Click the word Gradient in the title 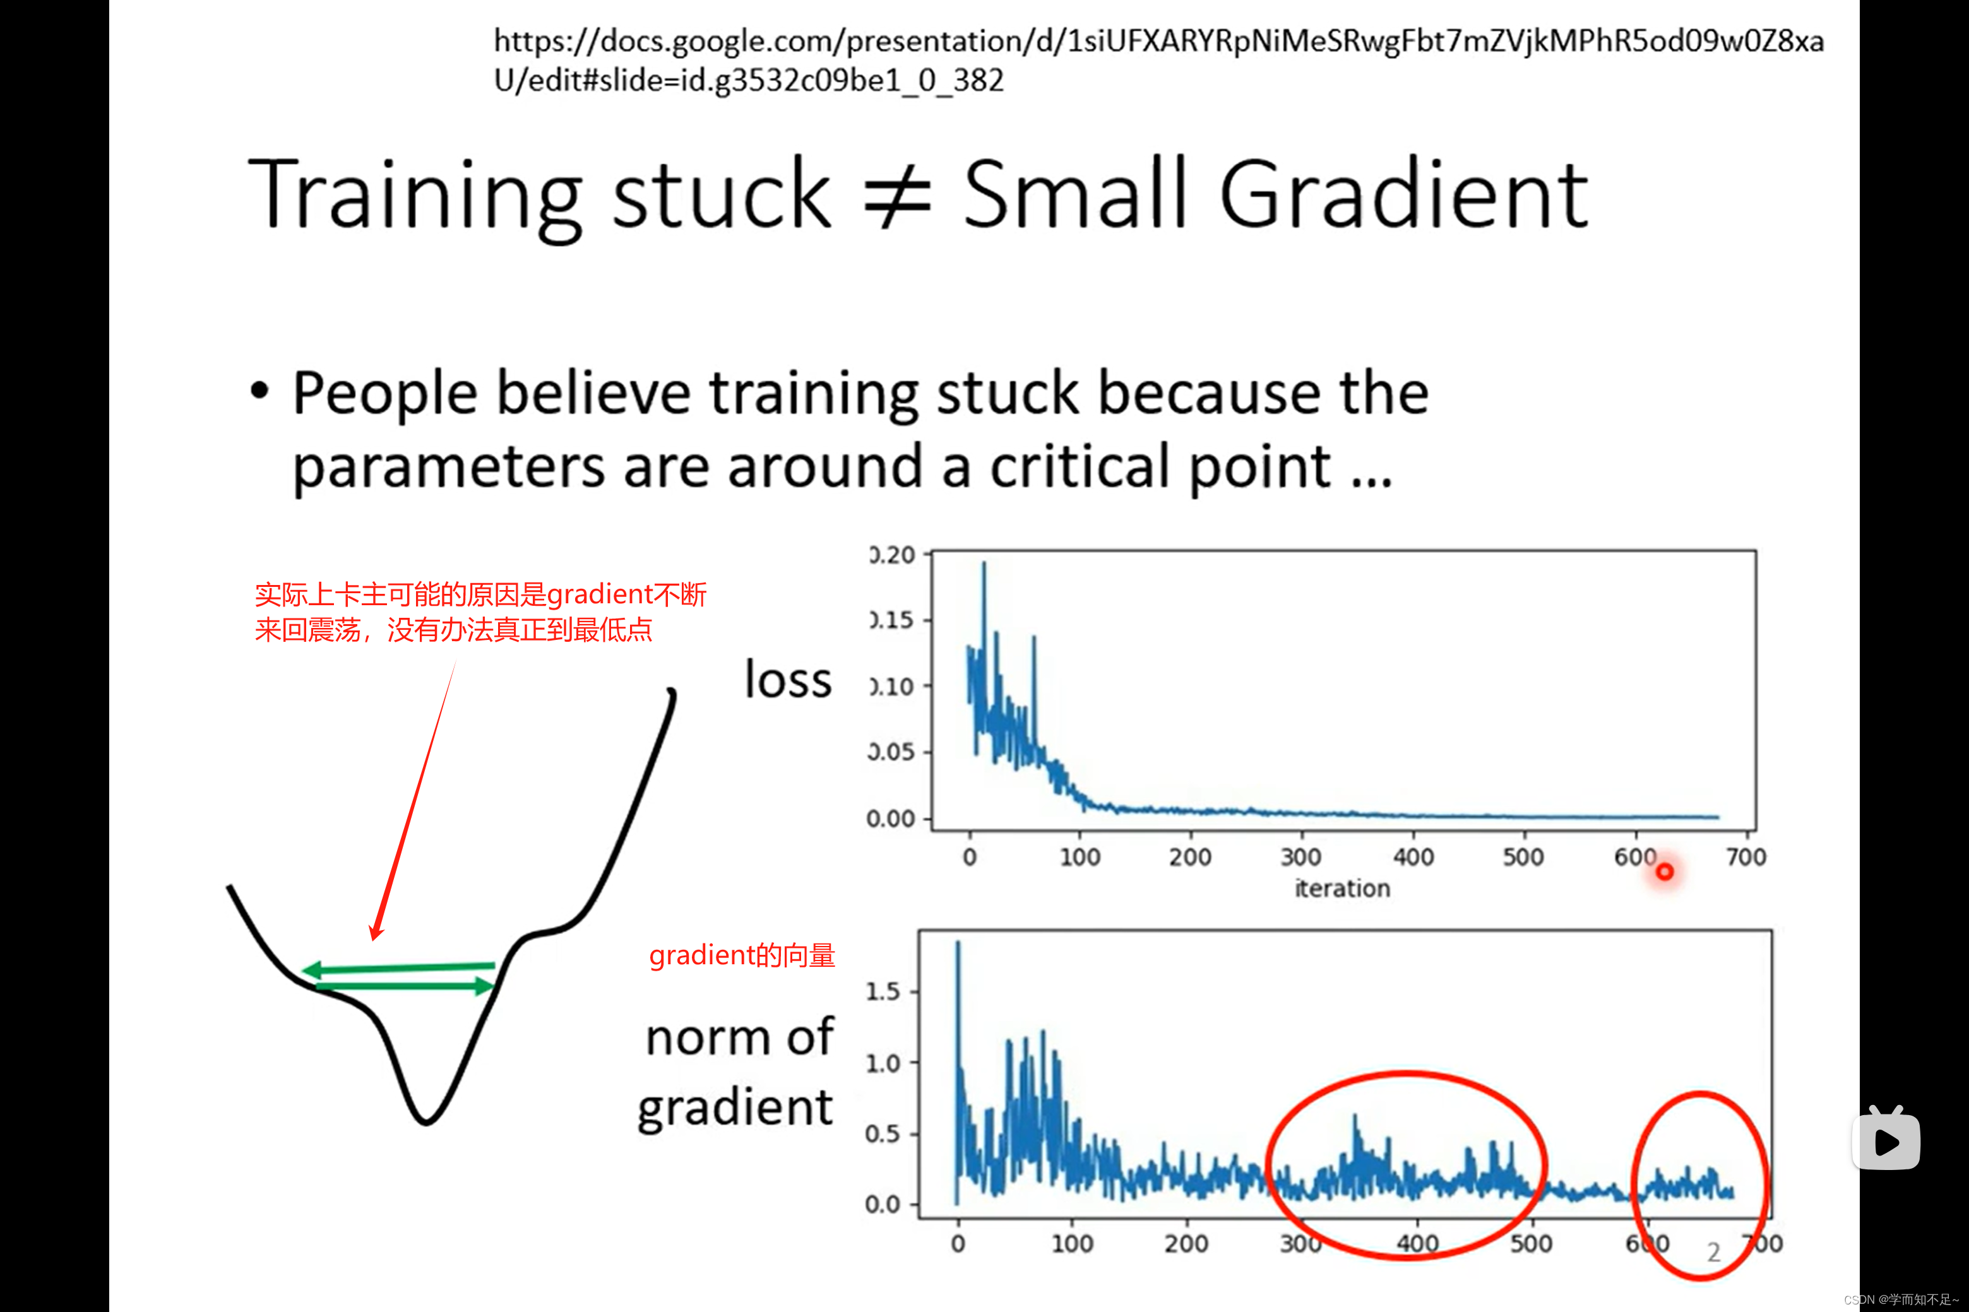(x=1403, y=194)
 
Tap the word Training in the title (x=415, y=198)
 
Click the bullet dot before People (x=260, y=391)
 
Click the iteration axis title (x=1342, y=888)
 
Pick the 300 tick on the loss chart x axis (x=1301, y=857)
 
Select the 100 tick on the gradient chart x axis (x=1072, y=1243)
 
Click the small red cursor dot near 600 (x=1665, y=872)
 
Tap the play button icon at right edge (x=1886, y=1139)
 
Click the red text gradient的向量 (x=742, y=955)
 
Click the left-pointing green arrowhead (x=311, y=971)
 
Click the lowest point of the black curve (x=426, y=1122)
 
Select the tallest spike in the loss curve (x=984, y=563)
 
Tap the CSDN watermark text (x=1901, y=1299)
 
